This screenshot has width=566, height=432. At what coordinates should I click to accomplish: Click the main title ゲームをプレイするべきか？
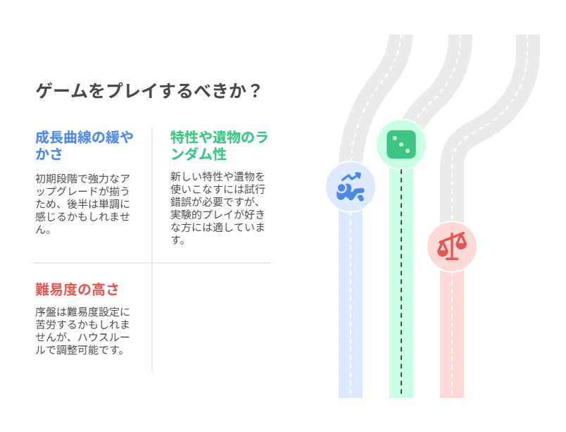coord(148,91)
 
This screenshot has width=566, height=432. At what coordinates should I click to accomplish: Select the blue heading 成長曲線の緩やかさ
coord(84,146)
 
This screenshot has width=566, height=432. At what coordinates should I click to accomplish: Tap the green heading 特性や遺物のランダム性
coord(219,146)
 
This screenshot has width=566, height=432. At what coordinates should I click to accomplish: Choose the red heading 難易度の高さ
coord(77,290)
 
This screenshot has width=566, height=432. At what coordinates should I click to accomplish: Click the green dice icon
coord(401,144)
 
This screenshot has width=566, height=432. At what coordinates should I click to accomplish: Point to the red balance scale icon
coord(452,247)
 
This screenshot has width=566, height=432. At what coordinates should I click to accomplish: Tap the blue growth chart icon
coord(350,187)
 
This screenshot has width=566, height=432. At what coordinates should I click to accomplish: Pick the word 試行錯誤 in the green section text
coord(218,195)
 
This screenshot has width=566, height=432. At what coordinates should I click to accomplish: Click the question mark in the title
coord(256,91)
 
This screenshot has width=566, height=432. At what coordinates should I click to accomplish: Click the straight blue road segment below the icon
coord(350,304)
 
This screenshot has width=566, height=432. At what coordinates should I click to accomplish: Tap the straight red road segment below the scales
coord(452,335)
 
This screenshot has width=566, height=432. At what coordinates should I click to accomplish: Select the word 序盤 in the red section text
coord(46,312)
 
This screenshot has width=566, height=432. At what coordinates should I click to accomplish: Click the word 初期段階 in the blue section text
coord(56,179)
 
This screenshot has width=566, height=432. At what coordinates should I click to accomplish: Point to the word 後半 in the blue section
coord(77,204)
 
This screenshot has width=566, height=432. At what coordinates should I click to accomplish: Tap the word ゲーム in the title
coord(62,91)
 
